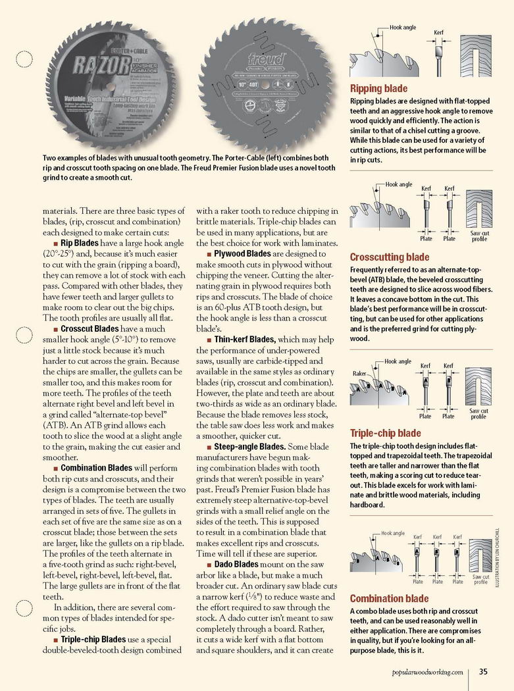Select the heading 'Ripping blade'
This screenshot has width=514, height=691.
pos(378,88)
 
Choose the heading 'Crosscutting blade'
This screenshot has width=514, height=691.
pos(390,257)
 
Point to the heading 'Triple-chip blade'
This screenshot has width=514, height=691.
pos(385,433)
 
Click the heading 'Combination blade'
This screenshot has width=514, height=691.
pos(389,598)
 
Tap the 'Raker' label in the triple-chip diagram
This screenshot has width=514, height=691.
pos(359,373)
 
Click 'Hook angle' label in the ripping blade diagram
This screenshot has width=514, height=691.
pos(403,28)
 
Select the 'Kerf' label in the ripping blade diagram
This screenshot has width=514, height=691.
pos(438,32)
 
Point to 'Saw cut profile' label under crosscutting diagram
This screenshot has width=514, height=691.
pos(479,236)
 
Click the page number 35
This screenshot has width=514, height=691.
pos(483,671)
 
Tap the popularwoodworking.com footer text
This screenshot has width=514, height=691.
pos(426,672)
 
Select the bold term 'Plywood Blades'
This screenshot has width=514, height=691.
pos(243,253)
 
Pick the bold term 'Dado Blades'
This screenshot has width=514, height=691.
pos(236,565)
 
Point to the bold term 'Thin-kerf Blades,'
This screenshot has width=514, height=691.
pos(245,340)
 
